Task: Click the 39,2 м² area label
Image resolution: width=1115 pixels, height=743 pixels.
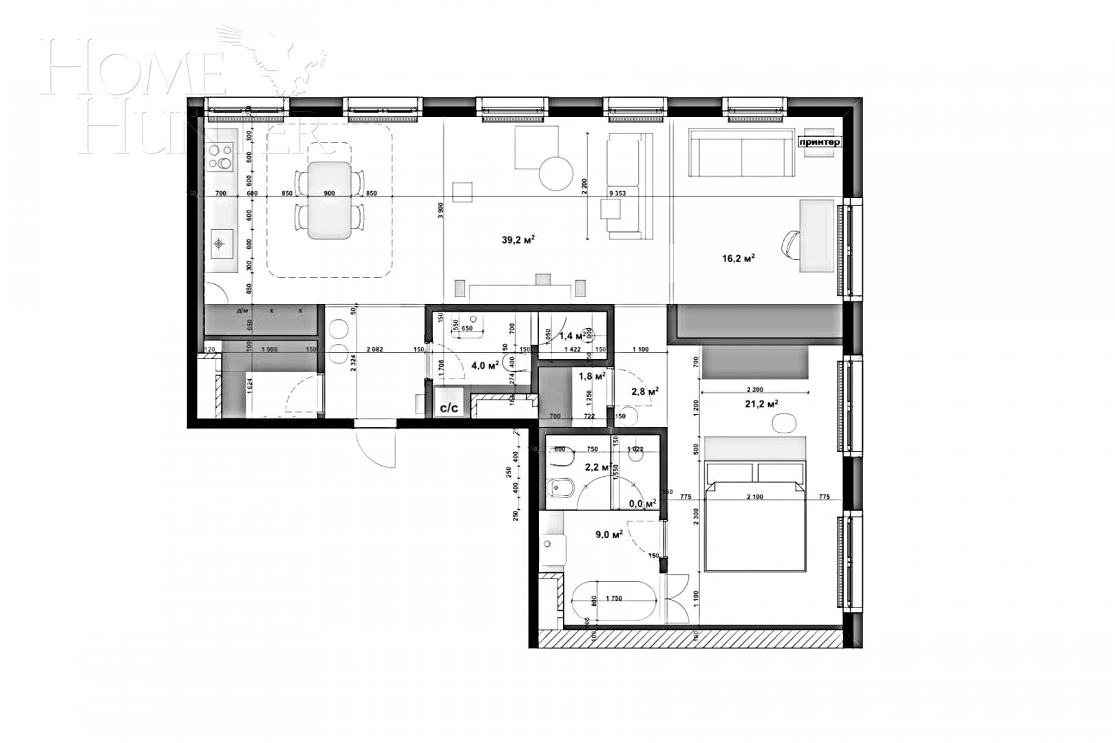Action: (x=518, y=240)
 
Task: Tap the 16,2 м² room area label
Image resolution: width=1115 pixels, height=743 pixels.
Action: (x=738, y=258)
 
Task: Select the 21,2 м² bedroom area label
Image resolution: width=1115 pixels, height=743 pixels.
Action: (x=761, y=404)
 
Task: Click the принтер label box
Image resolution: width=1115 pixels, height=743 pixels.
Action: (x=819, y=142)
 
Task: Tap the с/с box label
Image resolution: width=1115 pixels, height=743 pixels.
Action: (x=449, y=407)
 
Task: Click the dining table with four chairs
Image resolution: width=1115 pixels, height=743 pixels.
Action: (x=329, y=200)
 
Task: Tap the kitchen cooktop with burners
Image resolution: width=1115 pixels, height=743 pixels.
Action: (x=221, y=156)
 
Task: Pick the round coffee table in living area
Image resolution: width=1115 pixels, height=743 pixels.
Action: (x=555, y=173)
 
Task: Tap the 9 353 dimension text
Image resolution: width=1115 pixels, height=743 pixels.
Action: (x=618, y=193)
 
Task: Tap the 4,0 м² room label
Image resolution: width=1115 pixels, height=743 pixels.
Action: (x=485, y=365)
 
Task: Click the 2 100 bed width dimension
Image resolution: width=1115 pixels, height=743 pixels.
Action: (x=755, y=497)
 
